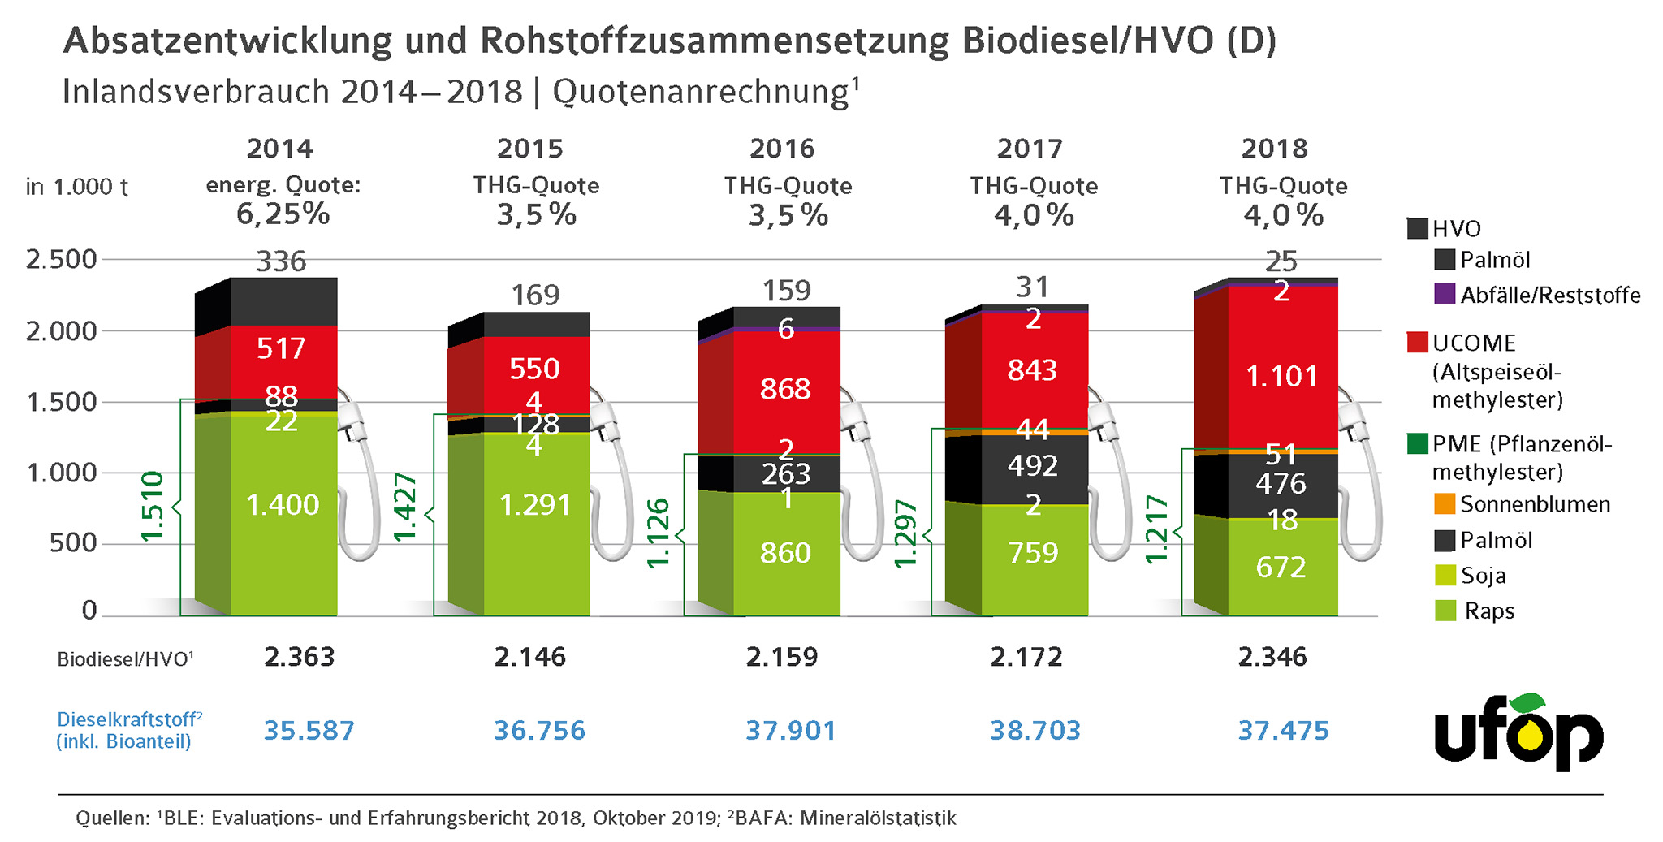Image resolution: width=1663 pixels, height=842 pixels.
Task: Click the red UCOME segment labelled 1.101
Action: pos(1281,376)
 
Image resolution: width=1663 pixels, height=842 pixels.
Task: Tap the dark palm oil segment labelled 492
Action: pos(1033,466)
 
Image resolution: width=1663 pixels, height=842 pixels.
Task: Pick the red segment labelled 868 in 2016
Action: pos(785,389)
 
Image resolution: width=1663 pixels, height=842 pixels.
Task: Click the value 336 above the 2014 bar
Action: pos(281,261)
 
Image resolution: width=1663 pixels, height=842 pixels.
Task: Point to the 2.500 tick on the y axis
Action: pos(62,260)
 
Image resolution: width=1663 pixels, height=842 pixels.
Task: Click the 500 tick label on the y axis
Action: pos(73,542)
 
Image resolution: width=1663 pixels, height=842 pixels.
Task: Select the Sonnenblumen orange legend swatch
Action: pos(1445,504)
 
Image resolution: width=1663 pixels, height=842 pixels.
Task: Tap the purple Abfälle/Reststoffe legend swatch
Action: pos(1445,294)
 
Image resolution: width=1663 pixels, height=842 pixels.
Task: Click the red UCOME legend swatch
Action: pos(1417,342)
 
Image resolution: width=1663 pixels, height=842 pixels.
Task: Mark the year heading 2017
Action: pos(1030,149)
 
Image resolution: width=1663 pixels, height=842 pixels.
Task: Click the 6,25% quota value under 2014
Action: pos(283,214)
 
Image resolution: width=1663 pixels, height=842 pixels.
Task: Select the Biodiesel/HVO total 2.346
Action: pos(1272,656)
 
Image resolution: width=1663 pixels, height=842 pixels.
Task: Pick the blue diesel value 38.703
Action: pos(1035,730)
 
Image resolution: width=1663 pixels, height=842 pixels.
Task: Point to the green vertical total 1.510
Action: pos(153,506)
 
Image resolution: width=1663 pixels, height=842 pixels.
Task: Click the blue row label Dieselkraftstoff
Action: pos(128,719)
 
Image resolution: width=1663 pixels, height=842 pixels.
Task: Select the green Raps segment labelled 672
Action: pos(1281,567)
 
